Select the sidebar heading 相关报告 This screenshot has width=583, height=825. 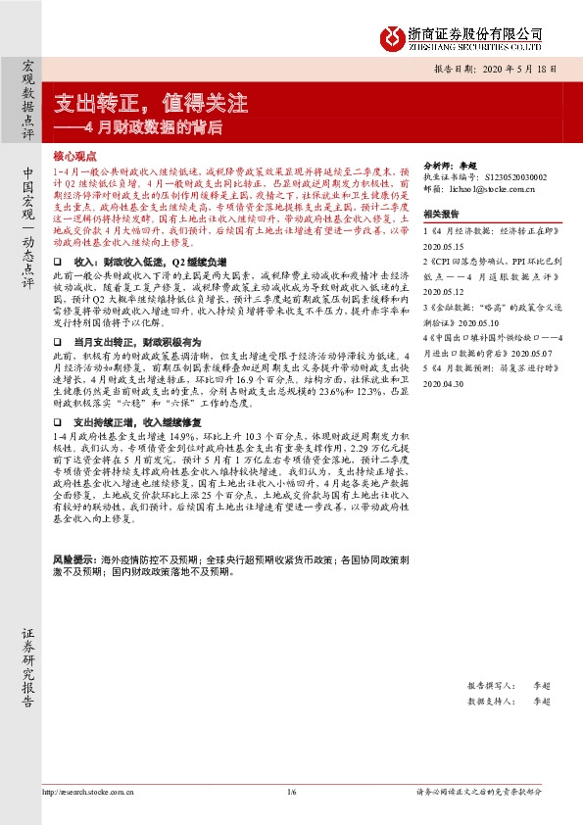click(441, 214)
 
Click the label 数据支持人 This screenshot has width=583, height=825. click(490, 701)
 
